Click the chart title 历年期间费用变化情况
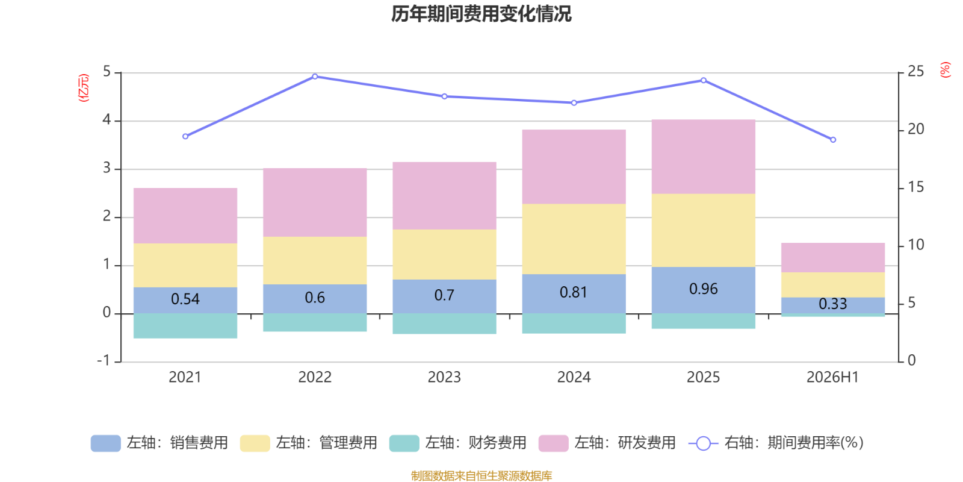pyautogui.click(x=481, y=14)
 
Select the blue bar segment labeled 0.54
pyautogui.click(x=185, y=301)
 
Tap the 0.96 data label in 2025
pyautogui.click(x=704, y=289)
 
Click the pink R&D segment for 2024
pyautogui.click(x=574, y=166)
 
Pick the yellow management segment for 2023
pyautogui.click(x=445, y=254)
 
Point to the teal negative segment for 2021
pyautogui.click(x=185, y=326)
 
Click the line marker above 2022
pyautogui.click(x=315, y=77)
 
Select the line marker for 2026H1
pyautogui.click(x=833, y=140)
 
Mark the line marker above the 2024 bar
pyautogui.click(x=574, y=103)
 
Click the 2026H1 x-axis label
pyautogui.click(x=833, y=377)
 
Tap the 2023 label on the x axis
pyautogui.click(x=444, y=377)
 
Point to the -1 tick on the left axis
pyautogui.click(x=103, y=360)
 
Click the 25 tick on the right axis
pyautogui.click(x=915, y=72)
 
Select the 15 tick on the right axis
pyautogui.click(x=915, y=187)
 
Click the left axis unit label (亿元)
pyautogui.click(x=84, y=87)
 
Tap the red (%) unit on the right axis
pyautogui.click(x=945, y=70)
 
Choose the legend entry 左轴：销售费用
pyautogui.click(x=159, y=443)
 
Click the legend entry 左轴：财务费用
pyautogui.click(x=458, y=443)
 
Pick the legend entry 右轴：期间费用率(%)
pyautogui.click(x=776, y=443)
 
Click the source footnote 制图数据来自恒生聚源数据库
pyautogui.click(x=482, y=475)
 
